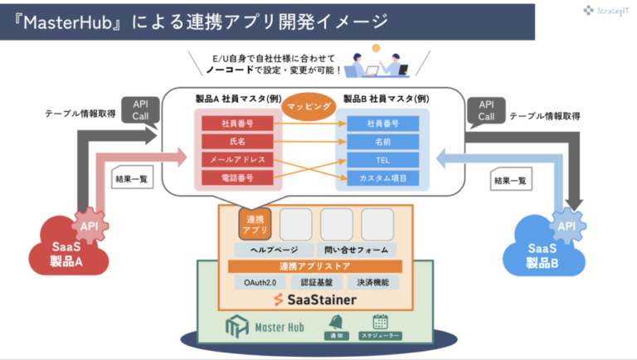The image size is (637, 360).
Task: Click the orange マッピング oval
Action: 309,108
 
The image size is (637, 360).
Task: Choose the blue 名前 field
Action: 383,142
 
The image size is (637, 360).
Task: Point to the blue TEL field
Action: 383,159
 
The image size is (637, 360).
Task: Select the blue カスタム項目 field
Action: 383,178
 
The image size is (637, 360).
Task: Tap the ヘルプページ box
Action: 270,250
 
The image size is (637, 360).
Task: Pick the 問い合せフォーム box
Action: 357,250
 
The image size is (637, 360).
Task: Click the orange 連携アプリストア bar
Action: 314,266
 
